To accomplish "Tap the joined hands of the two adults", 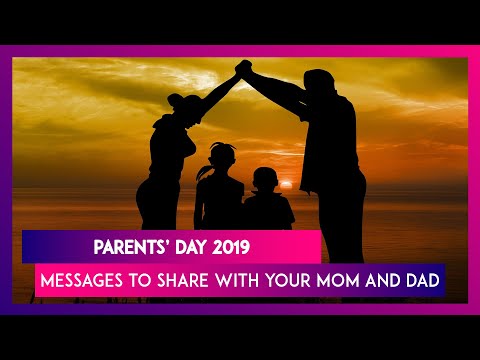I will coord(242,68).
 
